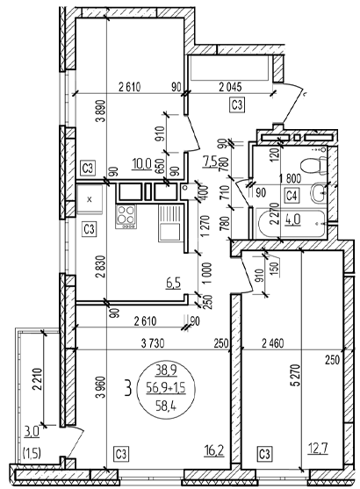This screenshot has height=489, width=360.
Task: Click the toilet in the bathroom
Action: pyautogui.click(x=313, y=165)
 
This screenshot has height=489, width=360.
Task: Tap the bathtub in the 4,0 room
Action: pyautogui.click(x=291, y=224)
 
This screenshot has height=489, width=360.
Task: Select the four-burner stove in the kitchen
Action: pyautogui.click(x=126, y=217)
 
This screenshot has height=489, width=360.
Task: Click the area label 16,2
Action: pyautogui.click(x=214, y=451)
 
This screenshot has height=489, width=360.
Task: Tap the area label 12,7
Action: pyautogui.click(x=318, y=449)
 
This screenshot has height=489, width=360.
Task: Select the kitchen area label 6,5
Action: pyautogui.click(x=174, y=284)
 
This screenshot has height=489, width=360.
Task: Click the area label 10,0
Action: pyautogui.click(x=141, y=163)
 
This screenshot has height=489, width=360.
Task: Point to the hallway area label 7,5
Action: pyautogui.click(x=210, y=162)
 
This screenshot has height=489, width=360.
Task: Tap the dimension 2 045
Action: pyautogui.click(x=230, y=87)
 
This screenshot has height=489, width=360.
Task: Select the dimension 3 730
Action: pyautogui.click(x=153, y=343)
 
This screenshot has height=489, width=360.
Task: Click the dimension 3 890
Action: pyautogui.click(x=102, y=111)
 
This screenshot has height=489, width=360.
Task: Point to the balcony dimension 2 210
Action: pyautogui.click(x=37, y=379)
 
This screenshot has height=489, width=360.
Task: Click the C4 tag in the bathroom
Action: pyautogui.click(x=292, y=196)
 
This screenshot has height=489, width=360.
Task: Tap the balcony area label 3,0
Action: pyautogui.click(x=32, y=432)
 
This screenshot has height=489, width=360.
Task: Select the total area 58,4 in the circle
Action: pyautogui.click(x=166, y=406)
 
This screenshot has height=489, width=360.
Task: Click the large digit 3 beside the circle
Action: pyautogui.click(x=127, y=388)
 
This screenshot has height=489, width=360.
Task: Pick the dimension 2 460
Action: pyautogui.click(x=273, y=343)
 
